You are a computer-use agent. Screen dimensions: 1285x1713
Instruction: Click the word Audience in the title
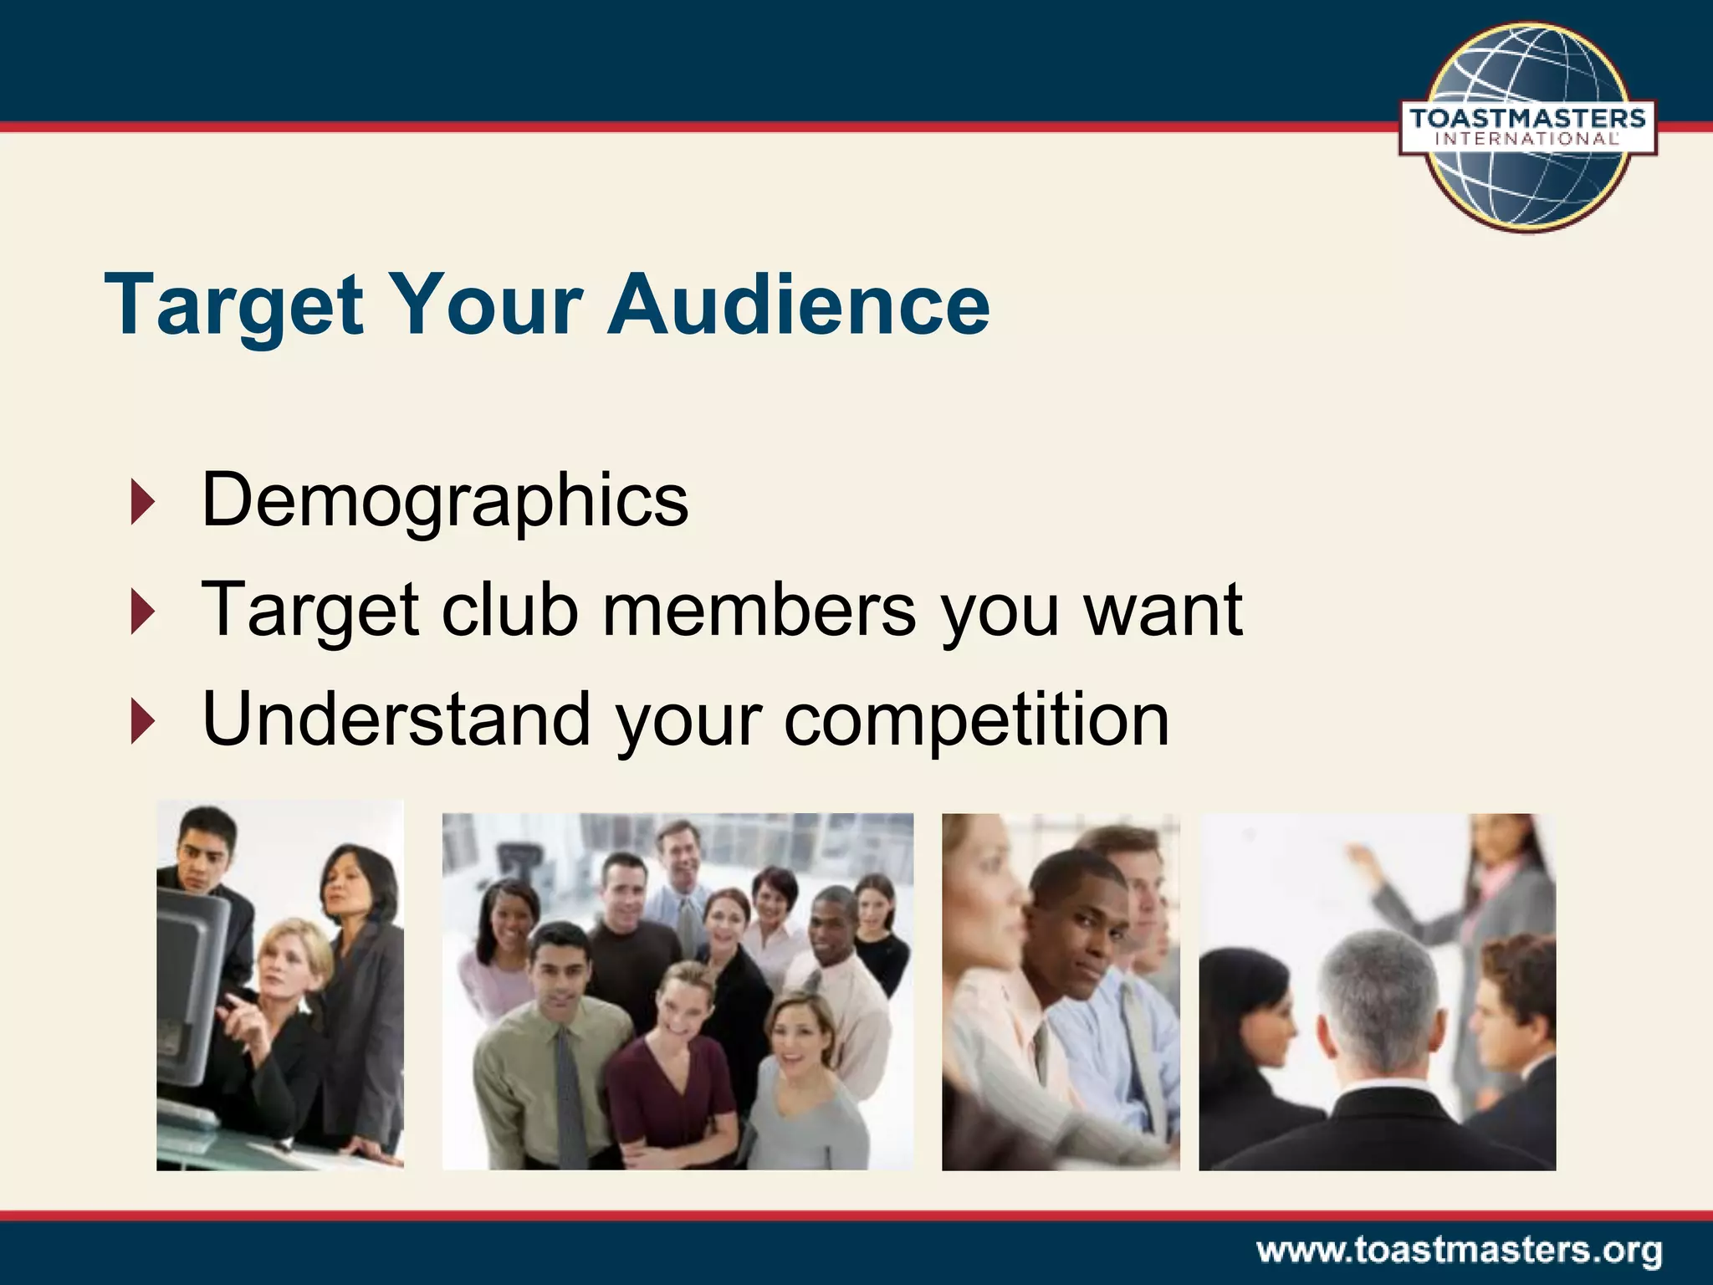(799, 305)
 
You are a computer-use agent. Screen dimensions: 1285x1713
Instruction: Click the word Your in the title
(486, 305)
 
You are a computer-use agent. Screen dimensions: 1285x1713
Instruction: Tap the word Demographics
(445, 500)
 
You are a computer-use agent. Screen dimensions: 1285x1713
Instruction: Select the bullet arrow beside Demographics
(143, 503)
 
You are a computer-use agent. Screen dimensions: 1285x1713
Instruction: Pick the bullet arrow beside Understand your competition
(143, 721)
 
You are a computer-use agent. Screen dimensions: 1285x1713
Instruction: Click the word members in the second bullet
(759, 609)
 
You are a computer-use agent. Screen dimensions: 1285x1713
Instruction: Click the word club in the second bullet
(509, 609)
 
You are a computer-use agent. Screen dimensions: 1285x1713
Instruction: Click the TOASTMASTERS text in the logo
(1527, 118)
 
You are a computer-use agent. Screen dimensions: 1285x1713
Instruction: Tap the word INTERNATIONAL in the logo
(1527, 140)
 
